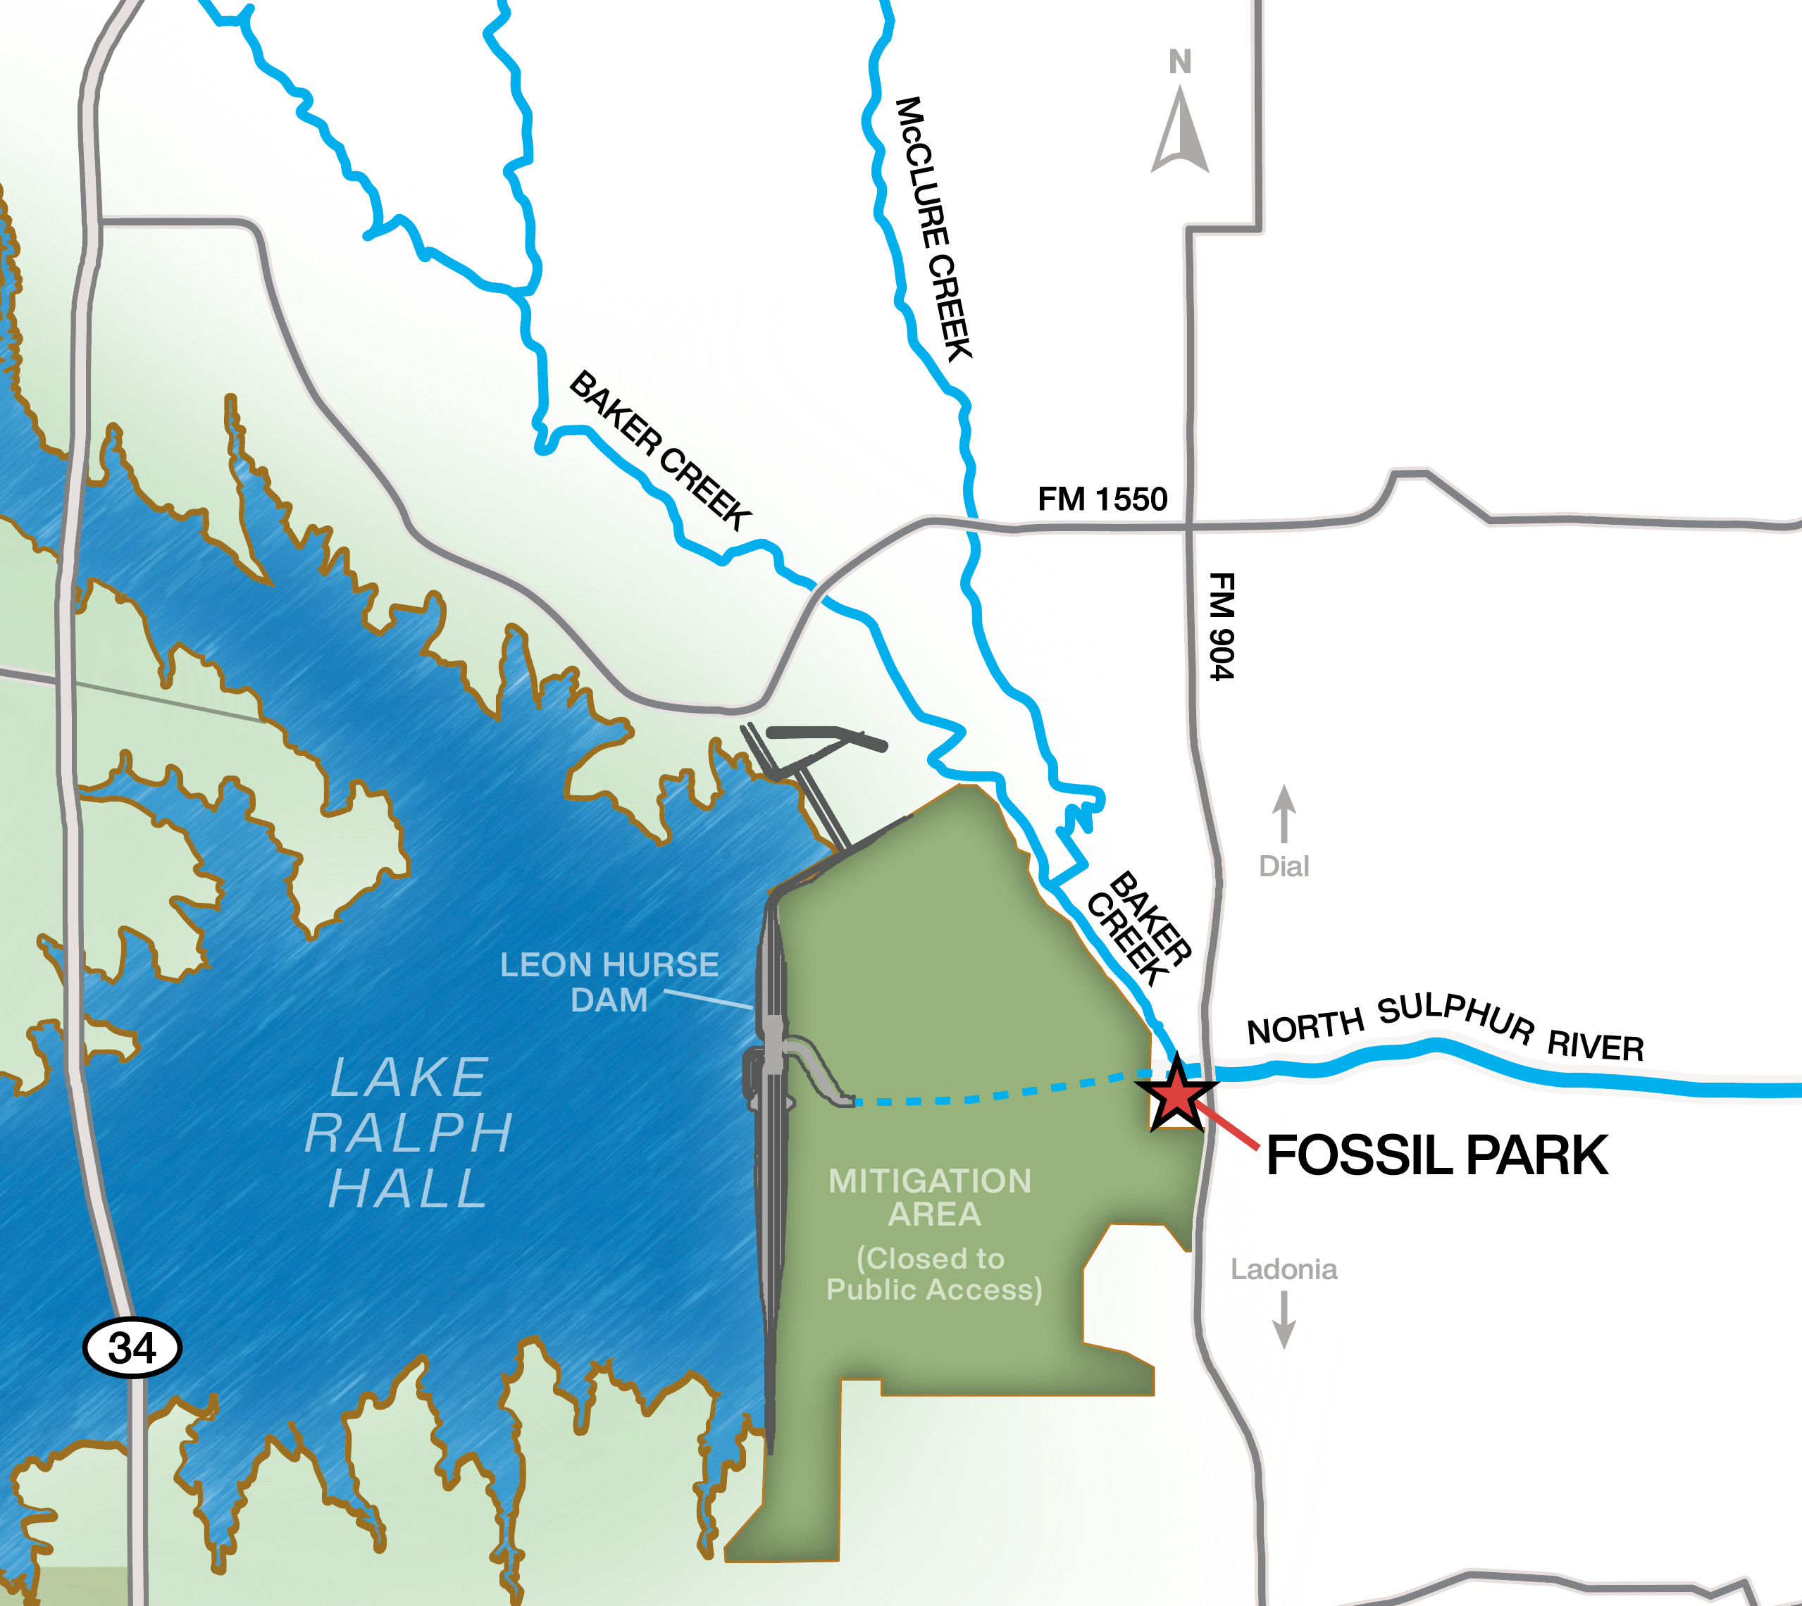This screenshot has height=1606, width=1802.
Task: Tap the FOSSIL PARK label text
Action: tap(1436, 1156)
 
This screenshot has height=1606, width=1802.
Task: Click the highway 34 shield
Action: tap(132, 1347)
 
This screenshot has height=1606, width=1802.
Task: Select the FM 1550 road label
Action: tap(1102, 499)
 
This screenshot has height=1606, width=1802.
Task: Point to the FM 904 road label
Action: tap(1222, 626)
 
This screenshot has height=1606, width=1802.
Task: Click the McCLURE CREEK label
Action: tap(933, 230)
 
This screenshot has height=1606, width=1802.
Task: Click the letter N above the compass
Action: tap(1180, 62)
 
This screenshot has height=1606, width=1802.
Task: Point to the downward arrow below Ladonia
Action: tap(1284, 1319)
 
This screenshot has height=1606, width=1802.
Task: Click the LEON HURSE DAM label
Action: tap(609, 982)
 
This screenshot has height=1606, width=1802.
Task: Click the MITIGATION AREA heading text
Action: tap(931, 1197)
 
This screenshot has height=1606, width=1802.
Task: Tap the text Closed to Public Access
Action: tap(933, 1274)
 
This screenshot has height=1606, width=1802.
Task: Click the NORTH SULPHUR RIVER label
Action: tap(1445, 1026)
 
